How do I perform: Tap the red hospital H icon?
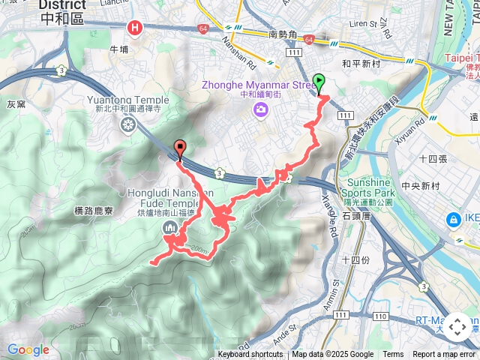[135, 28]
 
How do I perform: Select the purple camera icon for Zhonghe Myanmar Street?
[260, 109]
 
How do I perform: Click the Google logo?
[28, 349]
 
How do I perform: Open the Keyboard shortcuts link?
[250, 355]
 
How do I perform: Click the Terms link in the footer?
[393, 355]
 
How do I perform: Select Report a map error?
[444, 355]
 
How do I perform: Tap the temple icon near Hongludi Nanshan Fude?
[170, 228]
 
